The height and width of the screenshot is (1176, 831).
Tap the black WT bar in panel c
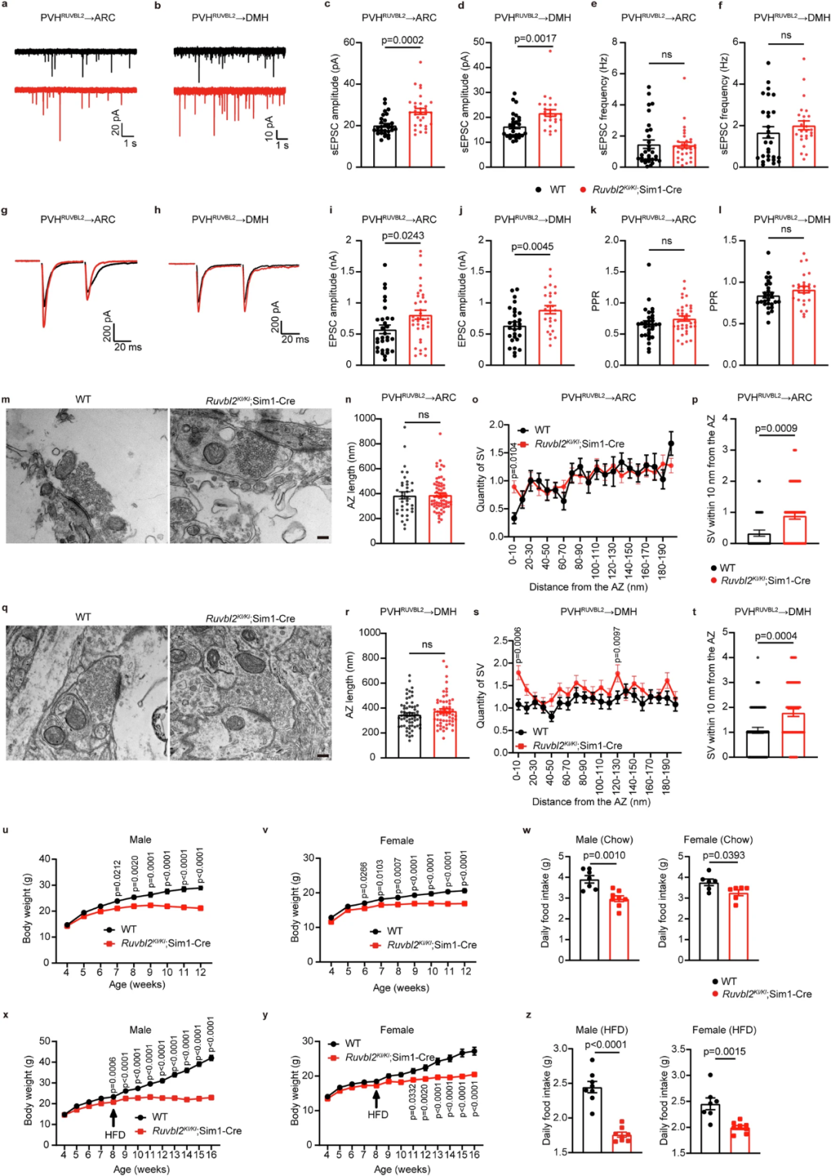(x=384, y=146)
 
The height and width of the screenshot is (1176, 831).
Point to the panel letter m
(x=6, y=399)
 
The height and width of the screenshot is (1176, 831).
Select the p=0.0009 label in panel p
(x=776, y=429)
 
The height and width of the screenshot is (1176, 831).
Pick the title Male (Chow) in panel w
(x=604, y=840)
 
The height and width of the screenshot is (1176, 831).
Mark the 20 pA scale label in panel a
(x=116, y=122)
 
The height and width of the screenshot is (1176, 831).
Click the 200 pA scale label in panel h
(x=275, y=316)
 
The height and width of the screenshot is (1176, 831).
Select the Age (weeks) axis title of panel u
(x=137, y=984)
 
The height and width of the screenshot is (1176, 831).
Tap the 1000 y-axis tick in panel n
(x=365, y=419)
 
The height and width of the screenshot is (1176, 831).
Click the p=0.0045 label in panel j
(x=532, y=247)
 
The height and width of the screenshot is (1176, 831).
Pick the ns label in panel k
(x=666, y=241)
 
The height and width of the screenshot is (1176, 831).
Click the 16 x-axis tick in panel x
(x=212, y=1154)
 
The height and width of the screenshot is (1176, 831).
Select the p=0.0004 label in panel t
(x=776, y=636)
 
